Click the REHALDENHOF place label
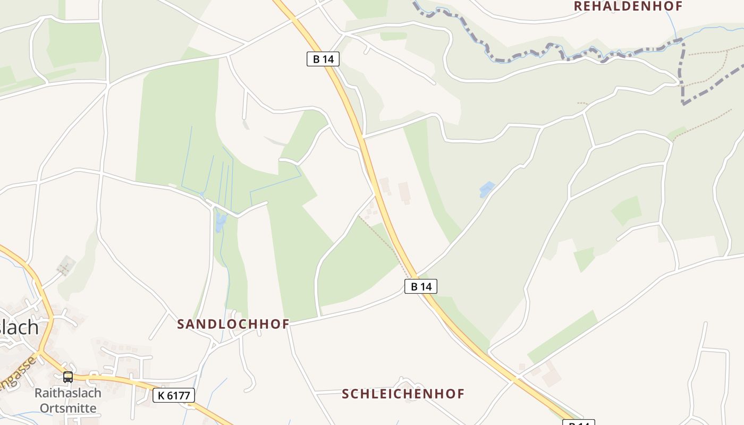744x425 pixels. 628,6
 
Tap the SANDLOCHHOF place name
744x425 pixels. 233,324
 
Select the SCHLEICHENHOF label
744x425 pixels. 403,394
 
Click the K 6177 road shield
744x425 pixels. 174,395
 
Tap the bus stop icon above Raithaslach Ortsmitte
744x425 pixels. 68,377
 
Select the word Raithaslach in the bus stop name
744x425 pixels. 67,393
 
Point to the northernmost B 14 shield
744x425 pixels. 323,59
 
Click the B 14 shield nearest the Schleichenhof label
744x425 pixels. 421,287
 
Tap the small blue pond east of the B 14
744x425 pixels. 487,189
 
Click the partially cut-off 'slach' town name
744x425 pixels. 19,327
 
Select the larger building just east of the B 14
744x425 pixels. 404,192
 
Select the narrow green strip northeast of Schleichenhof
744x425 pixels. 562,337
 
